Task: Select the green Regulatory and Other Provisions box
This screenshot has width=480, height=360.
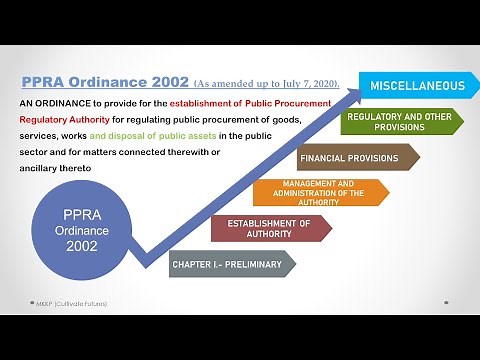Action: (397, 122)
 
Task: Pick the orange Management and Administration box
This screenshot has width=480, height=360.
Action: (320, 191)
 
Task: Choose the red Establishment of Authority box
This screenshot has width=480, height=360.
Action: (270, 228)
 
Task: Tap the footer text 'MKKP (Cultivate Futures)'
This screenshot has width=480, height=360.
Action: (67, 302)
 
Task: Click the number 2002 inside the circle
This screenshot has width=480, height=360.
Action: (80, 247)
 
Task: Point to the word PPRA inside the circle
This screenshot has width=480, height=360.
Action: (80, 214)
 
